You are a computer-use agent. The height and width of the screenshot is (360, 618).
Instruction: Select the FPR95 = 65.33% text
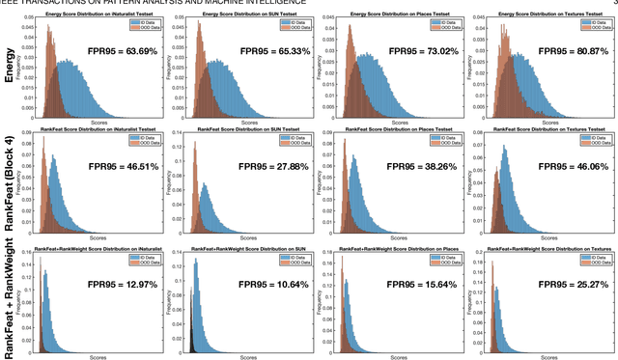click(263, 49)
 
